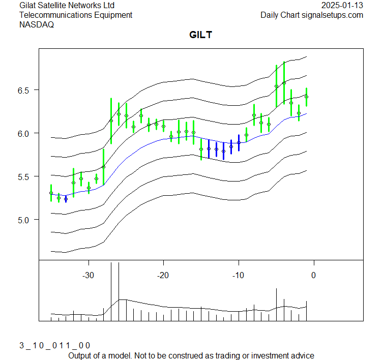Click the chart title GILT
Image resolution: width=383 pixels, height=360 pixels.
(x=200, y=35)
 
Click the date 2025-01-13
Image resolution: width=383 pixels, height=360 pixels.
(x=342, y=5)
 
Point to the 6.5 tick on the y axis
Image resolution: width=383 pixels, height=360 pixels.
(x=26, y=90)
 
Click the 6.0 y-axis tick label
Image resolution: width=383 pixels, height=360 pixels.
(x=26, y=133)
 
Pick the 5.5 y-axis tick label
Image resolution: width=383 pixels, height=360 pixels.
(x=26, y=176)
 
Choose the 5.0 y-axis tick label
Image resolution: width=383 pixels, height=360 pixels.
(x=26, y=220)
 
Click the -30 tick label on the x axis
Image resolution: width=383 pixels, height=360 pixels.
(x=89, y=275)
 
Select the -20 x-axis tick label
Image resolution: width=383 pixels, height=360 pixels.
(x=163, y=275)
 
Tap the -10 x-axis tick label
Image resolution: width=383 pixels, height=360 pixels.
(x=238, y=275)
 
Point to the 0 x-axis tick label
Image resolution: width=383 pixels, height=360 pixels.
(x=313, y=275)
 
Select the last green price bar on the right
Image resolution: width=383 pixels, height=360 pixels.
(x=306, y=97)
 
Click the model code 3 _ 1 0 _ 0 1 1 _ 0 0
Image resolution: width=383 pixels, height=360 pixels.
(x=54, y=345)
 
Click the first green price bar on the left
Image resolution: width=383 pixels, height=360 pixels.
(x=51, y=193)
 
